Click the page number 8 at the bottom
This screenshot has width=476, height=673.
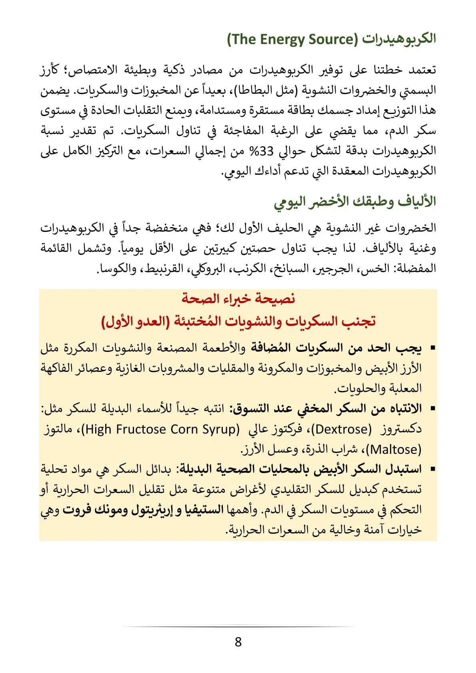[x=238, y=642]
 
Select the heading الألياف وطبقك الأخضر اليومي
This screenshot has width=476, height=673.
[x=355, y=202]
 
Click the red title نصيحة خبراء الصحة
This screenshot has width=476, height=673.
[x=238, y=298]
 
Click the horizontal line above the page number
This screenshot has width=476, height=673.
[x=238, y=627]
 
